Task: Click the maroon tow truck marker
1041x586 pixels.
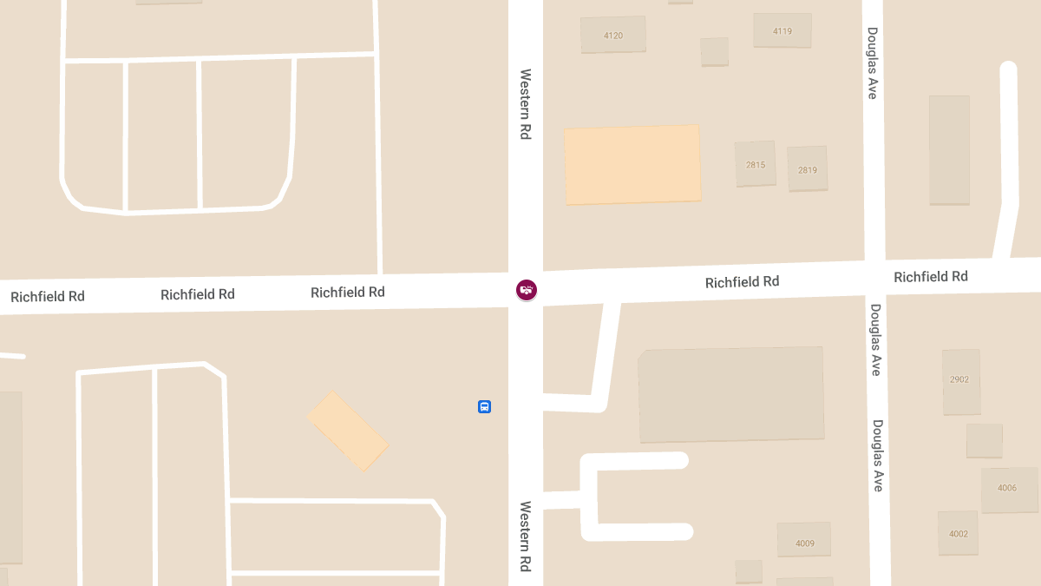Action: pos(526,290)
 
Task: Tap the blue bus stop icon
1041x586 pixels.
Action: pos(484,406)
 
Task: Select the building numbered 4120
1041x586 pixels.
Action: pos(613,35)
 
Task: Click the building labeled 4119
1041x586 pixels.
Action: pos(782,30)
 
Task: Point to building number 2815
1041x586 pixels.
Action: pos(756,164)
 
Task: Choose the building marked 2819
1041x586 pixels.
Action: pos(807,168)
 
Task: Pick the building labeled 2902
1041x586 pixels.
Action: pos(960,381)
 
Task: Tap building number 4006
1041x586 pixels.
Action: pos(1009,490)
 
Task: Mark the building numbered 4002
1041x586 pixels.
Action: pos(959,532)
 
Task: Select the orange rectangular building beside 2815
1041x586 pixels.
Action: pos(632,165)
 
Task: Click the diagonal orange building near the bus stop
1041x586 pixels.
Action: pos(347,431)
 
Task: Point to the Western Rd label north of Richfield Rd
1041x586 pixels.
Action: pos(525,104)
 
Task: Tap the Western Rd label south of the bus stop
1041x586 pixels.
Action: pos(525,536)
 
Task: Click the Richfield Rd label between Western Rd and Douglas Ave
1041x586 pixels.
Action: pos(742,282)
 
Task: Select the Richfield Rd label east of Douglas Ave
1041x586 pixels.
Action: pos(931,277)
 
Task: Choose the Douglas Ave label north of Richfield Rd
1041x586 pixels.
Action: pos(873,63)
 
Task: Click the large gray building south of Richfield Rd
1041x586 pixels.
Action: pos(731,395)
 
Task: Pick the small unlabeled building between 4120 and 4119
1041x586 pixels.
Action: pos(715,52)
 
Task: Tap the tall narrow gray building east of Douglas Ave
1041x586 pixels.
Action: pos(949,150)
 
